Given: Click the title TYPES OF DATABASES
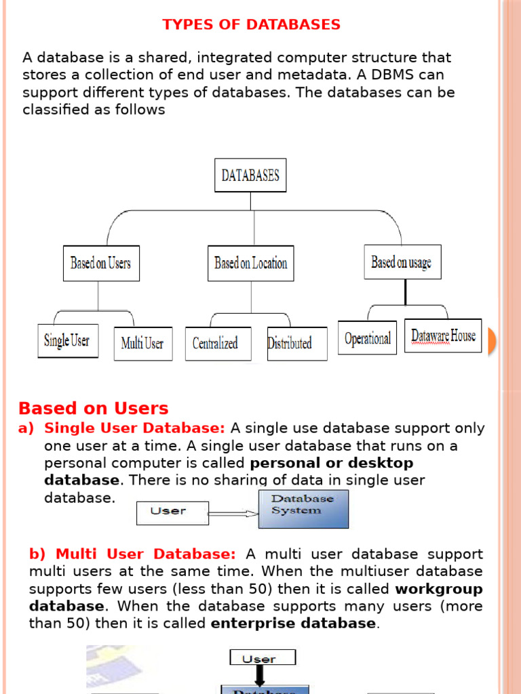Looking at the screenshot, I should tap(251, 25).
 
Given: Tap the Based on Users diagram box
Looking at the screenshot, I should tap(100, 263).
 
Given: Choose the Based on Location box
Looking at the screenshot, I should tap(250, 263).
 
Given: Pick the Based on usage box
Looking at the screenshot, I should tap(402, 262).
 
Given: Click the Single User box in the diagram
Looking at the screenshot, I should tap(67, 340).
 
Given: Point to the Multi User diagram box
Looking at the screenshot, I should tap(142, 344).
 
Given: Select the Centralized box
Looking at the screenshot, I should tap(216, 344).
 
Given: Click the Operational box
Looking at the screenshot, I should tap(367, 338).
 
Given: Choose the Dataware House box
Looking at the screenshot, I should tap(443, 335).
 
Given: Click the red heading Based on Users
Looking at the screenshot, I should tap(94, 409).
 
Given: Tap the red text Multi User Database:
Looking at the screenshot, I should tap(146, 554).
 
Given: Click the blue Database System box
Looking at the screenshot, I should tap(303, 509).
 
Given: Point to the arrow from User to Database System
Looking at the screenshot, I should tap(232, 514).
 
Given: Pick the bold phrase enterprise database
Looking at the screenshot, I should tap(293, 623).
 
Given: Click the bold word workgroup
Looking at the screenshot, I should tap(439, 588).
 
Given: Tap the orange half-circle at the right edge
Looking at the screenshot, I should tap(492, 341).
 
